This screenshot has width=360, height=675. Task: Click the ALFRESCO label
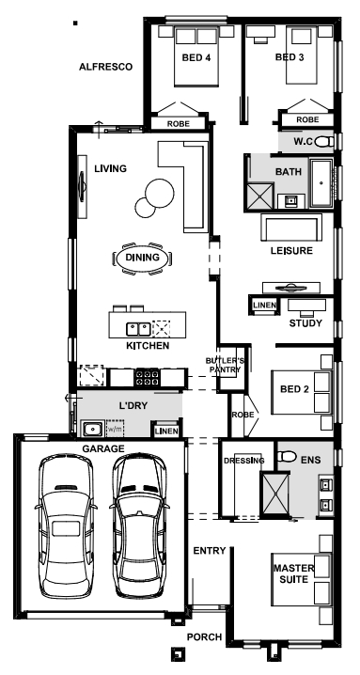coord(105,67)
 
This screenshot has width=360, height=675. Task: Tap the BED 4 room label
coord(196,57)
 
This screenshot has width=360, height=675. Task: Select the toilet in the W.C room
coord(324,141)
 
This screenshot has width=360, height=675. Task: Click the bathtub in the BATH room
coord(321,183)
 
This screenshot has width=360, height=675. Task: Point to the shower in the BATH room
coord(259,196)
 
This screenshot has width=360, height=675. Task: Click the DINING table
coord(142,259)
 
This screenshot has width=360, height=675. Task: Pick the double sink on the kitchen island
coord(138,329)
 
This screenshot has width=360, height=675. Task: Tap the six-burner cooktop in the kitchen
coord(148,378)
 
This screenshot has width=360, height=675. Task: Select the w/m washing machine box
coord(115,428)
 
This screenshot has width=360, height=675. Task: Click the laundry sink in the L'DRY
coord(92,429)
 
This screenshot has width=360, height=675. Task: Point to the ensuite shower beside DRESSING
coord(275,494)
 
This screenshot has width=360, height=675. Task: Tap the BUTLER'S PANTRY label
coord(225,365)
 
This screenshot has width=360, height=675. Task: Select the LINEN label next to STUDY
coord(264,306)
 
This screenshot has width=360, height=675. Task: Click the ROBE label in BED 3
coord(307,119)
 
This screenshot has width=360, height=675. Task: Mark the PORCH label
coord(205,636)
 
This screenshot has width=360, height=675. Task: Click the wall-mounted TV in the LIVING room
coord(83,187)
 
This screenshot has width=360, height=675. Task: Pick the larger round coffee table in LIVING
coord(160,194)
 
